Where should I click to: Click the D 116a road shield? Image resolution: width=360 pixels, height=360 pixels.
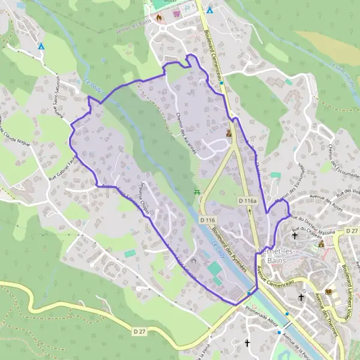coord(247,201)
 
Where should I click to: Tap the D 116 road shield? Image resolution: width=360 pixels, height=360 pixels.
coord(208,221)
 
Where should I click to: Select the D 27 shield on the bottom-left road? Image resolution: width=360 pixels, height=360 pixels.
coord(140,331)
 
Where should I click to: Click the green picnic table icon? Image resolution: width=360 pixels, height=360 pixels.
coord(196,192)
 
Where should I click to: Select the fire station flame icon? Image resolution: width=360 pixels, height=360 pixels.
coord(159,17)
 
